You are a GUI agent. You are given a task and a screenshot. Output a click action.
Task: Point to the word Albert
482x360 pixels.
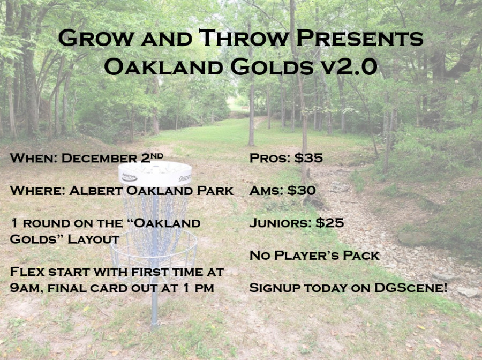click(x=96, y=191)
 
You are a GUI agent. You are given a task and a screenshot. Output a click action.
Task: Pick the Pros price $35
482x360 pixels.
click(x=308, y=158)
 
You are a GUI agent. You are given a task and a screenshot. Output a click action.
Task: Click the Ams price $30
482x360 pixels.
click(x=302, y=190)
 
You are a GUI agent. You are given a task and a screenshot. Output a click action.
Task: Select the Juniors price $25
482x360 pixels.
click(x=330, y=223)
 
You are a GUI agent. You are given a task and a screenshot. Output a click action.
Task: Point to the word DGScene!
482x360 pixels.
click(x=411, y=288)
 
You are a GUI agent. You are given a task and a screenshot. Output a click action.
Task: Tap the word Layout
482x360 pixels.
click(x=93, y=239)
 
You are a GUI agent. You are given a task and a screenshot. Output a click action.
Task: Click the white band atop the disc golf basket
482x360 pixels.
click(x=155, y=174)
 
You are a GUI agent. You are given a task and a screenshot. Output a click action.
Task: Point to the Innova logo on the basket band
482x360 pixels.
click(x=130, y=177)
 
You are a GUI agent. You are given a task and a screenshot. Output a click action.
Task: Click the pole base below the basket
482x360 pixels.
click(x=155, y=325)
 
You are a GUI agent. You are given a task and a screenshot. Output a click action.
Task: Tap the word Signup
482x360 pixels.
click(x=275, y=288)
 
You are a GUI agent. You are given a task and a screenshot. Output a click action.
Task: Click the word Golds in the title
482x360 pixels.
click(x=272, y=67)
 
